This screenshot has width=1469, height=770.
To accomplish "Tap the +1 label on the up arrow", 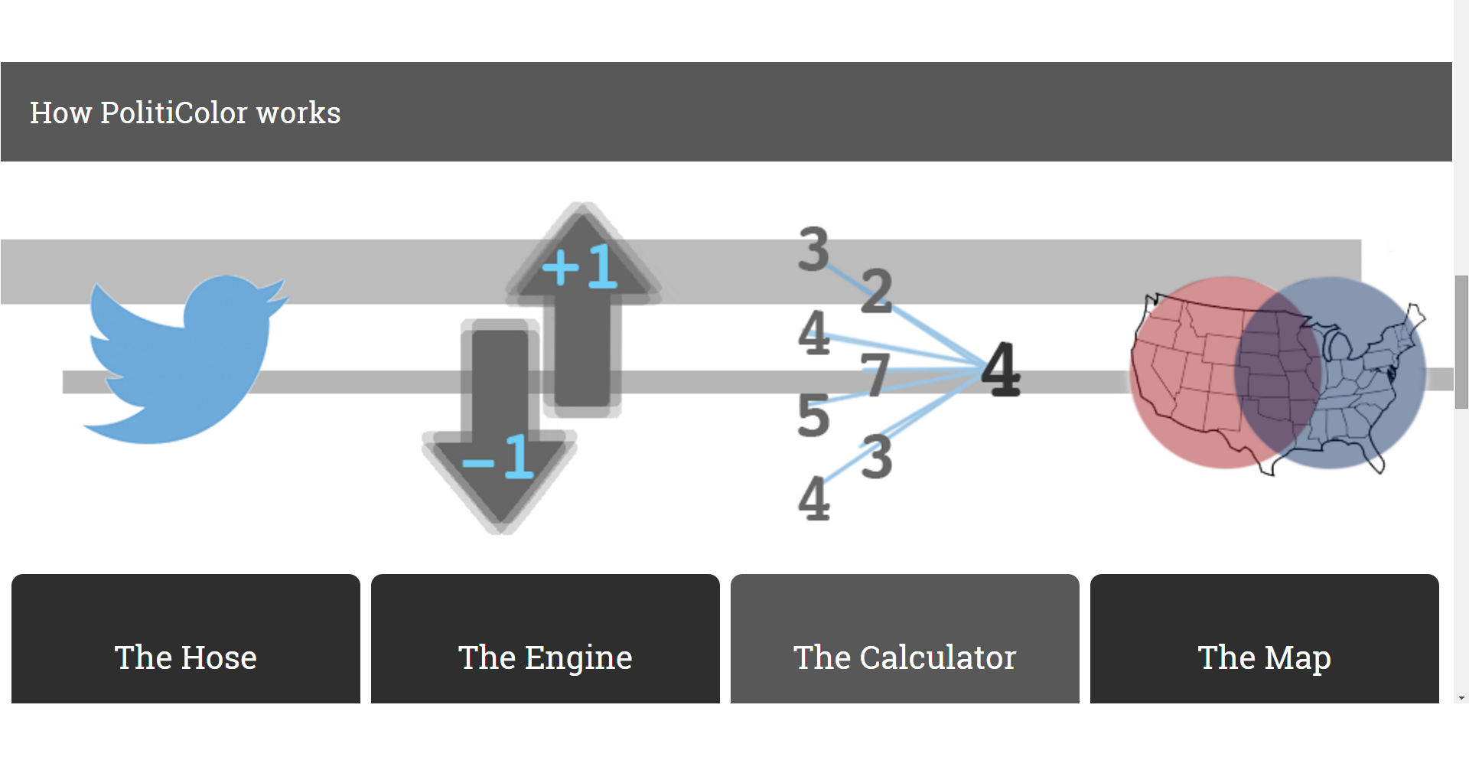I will pos(579,266).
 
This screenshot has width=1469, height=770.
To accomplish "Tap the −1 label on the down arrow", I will pos(499,457).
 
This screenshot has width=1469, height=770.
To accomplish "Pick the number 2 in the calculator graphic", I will pos(877,292).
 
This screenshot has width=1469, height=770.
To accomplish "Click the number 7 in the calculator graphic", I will pos(875,374).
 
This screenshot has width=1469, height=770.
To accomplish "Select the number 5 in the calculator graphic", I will pos(813,416).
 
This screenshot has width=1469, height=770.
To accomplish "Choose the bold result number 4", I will pos(1001,370).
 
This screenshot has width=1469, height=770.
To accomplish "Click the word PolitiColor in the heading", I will pos(174,113).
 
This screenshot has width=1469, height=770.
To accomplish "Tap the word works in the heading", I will pos(298,113).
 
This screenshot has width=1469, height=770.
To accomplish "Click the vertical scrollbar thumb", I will pos(1461,342).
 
